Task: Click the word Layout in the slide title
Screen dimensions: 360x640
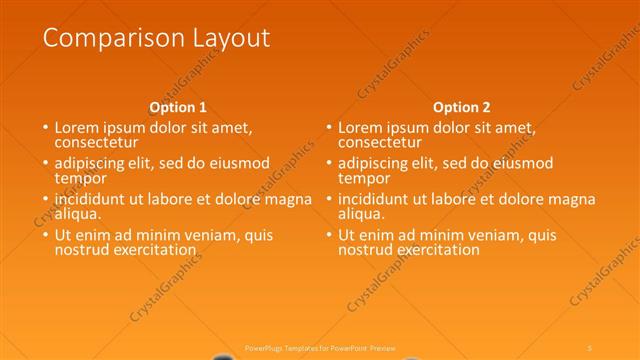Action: tap(227, 39)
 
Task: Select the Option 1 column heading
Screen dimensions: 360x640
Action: tap(178, 107)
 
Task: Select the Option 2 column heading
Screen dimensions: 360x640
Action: tap(461, 107)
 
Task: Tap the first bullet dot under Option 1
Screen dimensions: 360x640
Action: tap(45, 129)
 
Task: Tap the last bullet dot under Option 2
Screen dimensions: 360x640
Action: tap(329, 236)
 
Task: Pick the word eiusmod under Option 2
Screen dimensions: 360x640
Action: tap(518, 163)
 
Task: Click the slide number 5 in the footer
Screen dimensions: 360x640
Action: tap(590, 347)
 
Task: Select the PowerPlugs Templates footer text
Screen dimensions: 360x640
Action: tap(320, 347)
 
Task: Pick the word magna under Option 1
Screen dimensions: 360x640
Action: tap(288, 199)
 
